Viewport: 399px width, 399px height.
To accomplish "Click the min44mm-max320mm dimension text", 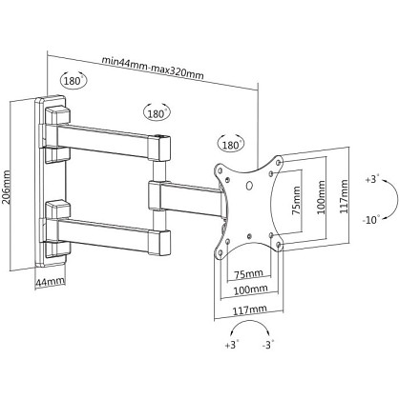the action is pos(153,68).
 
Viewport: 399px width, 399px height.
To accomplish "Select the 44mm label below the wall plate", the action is pos(50,281).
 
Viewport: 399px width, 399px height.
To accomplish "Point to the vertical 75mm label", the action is pos(296,201).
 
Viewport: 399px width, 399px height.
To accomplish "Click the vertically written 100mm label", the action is pos(322,197).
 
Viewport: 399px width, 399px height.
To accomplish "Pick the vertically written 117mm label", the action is pos(344,196).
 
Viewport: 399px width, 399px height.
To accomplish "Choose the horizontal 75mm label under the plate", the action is pos(248,273).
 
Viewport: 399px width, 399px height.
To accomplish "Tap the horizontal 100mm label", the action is pos(250,289).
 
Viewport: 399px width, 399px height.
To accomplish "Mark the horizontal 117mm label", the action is pos(250,309).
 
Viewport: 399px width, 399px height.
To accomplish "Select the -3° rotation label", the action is pos(268,345).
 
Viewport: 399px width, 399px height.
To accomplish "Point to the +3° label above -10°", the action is pos(372,179).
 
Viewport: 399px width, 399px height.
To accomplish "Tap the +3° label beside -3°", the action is pos(232,345).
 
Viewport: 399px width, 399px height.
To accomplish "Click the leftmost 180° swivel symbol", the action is pos(73,80).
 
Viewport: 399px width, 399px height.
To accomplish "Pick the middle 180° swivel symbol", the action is pos(157,112).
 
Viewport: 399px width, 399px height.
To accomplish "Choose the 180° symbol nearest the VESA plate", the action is pos(231,145).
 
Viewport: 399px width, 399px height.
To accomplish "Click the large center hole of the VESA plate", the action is pos(250,185).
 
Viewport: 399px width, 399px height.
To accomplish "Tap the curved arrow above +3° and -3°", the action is pos(250,321).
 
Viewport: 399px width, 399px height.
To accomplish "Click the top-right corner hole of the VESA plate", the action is pos(280,162).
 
